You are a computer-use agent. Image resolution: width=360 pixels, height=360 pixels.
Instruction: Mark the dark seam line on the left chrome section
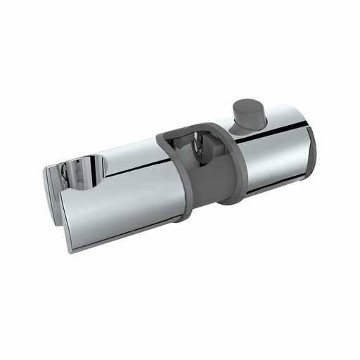pyautogui.click(x=134, y=171)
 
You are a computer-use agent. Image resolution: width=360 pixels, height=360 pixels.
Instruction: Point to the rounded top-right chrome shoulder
pyautogui.click(x=292, y=116)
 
